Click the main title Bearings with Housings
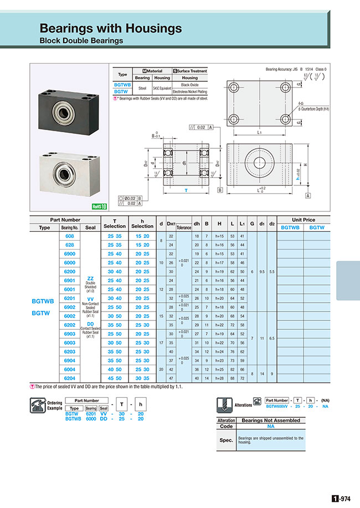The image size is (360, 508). click(x=111, y=28)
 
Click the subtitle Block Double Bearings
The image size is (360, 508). click(x=81, y=40)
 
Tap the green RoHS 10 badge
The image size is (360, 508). click(x=99, y=206)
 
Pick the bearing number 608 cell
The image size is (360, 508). click(x=70, y=236)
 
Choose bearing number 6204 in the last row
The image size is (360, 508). click(x=70, y=378)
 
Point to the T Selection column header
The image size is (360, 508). click(x=115, y=223)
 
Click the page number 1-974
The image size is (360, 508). click(x=341, y=498)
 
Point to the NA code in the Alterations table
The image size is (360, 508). click(x=271, y=427)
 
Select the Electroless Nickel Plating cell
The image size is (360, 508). click(x=190, y=91)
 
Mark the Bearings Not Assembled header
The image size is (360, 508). click(x=271, y=421)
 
